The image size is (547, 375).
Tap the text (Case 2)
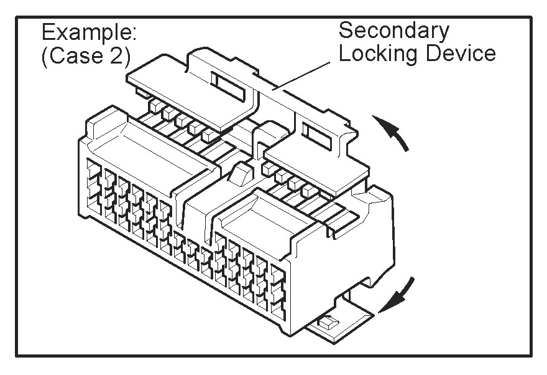85,57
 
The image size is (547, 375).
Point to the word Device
461,54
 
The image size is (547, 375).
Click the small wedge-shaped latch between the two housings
239,174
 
